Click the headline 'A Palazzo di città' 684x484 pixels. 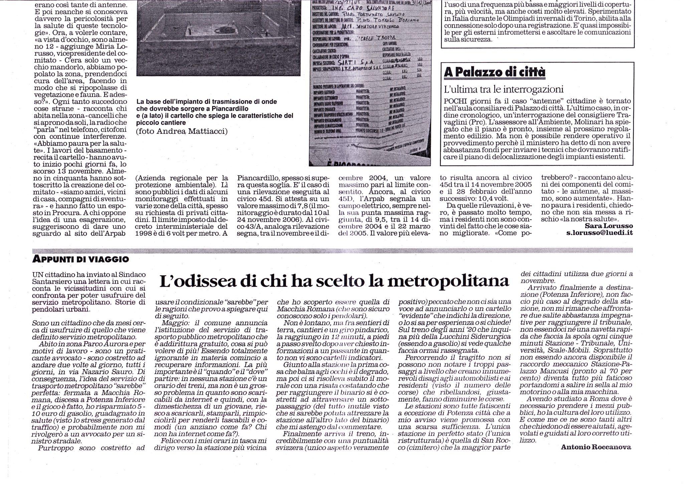click(494, 72)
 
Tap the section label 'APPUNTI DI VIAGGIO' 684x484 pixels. click(80, 259)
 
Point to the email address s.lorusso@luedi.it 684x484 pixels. click(600, 233)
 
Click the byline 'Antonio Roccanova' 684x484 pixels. click(596, 447)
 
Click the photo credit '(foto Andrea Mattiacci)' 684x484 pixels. click(182, 132)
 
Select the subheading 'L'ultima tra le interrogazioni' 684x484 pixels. click(504, 89)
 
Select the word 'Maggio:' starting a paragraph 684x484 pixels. click(173, 323)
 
